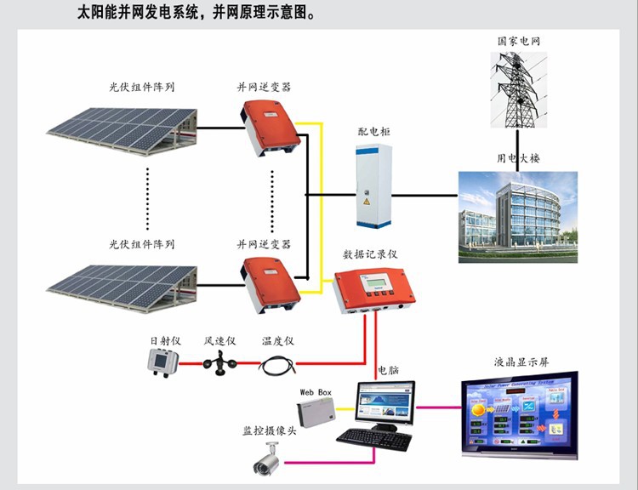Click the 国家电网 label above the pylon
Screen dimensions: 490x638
coord(520,41)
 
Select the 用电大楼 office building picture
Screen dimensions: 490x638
coord(517,216)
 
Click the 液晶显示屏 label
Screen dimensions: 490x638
coord(520,362)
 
